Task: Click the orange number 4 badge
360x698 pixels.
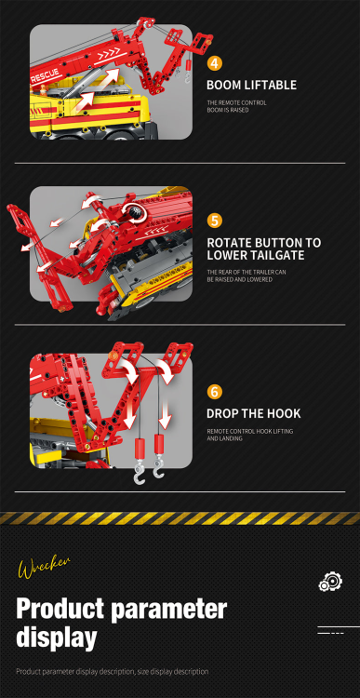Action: pyautogui.click(x=215, y=63)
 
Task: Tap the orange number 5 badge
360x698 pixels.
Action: pyautogui.click(x=215, y=221)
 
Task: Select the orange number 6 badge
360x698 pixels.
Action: pyautogui.click(x=215, y=392)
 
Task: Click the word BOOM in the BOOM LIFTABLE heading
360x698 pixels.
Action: pyautogui.click(x=224, y=85)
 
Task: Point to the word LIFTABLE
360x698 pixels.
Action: pyautogui.click(x=270, y=85)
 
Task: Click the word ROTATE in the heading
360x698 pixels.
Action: pyautogui.click(x=230, y=242)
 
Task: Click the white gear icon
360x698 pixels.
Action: pyautogui.click(x=329, y=582)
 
